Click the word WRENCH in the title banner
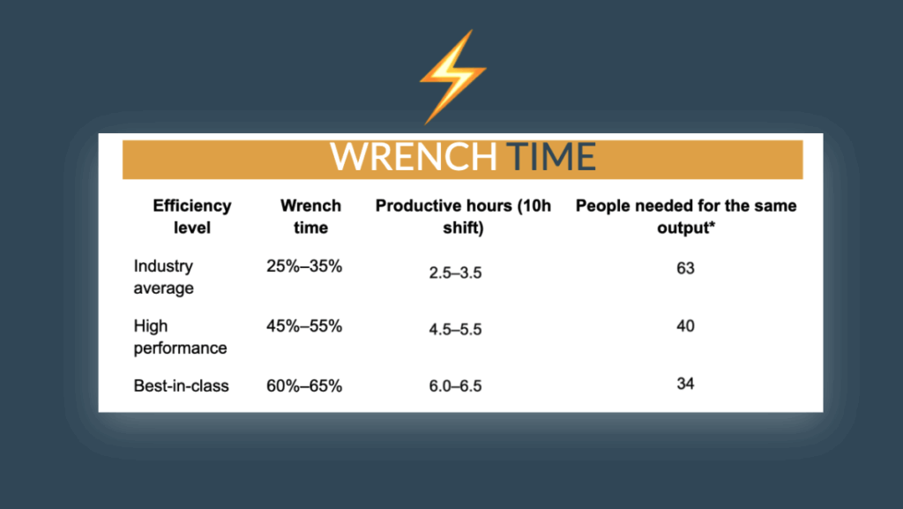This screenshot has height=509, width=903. click(414, 156)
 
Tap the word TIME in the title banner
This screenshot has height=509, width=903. click(550, 156)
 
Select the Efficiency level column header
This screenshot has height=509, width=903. click(191, 216)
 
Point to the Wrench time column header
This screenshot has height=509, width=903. click(310, 216)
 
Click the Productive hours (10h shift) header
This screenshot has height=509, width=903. click(463, 216)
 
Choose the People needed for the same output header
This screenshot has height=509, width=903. click(686, 216)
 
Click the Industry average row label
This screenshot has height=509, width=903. click(163, 277)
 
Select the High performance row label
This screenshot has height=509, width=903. click(180, 337)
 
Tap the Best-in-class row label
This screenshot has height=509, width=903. click(181, 385)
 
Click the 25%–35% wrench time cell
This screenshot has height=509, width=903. click(304, 266)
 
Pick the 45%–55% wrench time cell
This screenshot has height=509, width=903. click(304, 326)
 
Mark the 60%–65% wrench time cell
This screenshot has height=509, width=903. click(304, 385)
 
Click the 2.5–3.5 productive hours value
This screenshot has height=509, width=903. click(455, 273)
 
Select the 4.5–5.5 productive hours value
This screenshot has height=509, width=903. click(455, 329)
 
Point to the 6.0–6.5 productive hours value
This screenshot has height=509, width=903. click(455, 385)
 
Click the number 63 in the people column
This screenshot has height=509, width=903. click(685, 268)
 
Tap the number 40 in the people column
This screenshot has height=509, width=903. click(685, 326)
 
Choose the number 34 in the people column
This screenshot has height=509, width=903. click(685, 384)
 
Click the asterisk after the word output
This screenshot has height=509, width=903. click(712, 225)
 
